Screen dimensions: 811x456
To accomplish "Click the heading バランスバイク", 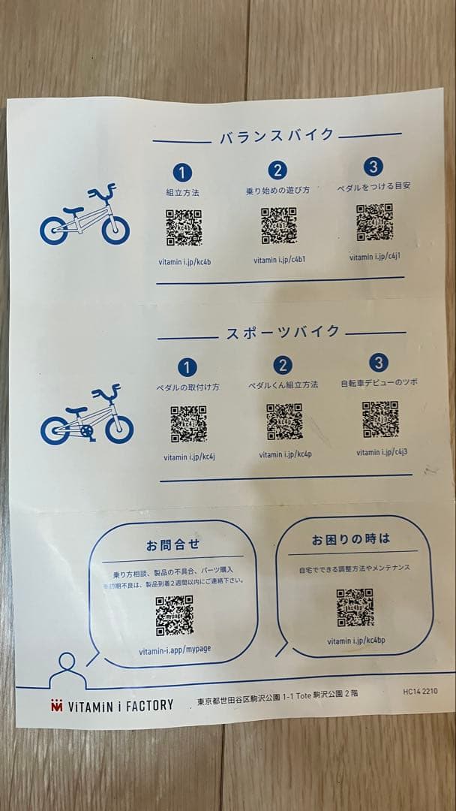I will click(277, 136).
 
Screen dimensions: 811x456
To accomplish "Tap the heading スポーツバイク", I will click(283, 333).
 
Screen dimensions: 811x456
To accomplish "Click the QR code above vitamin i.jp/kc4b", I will click(184, 228).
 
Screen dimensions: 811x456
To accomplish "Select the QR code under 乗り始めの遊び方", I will click(279, 225).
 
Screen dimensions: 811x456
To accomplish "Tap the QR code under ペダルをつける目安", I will click(374, 222).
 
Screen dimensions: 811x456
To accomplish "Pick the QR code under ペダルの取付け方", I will click(188, 424).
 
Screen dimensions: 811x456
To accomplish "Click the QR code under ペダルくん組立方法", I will click(284, 422).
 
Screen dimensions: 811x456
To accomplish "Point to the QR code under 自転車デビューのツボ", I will click(380, 420).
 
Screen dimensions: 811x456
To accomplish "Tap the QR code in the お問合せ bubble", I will click(174, 616).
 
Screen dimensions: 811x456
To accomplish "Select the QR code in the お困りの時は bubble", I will click(355, 607).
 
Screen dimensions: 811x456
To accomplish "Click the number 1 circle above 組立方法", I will click(183, 172).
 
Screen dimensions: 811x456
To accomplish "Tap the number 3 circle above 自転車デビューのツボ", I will click(379, 363).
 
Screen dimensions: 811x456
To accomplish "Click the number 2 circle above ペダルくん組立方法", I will click(283, 365).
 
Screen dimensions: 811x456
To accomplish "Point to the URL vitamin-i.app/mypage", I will click(175, 649).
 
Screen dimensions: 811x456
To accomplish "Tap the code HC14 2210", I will click(419, 692).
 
